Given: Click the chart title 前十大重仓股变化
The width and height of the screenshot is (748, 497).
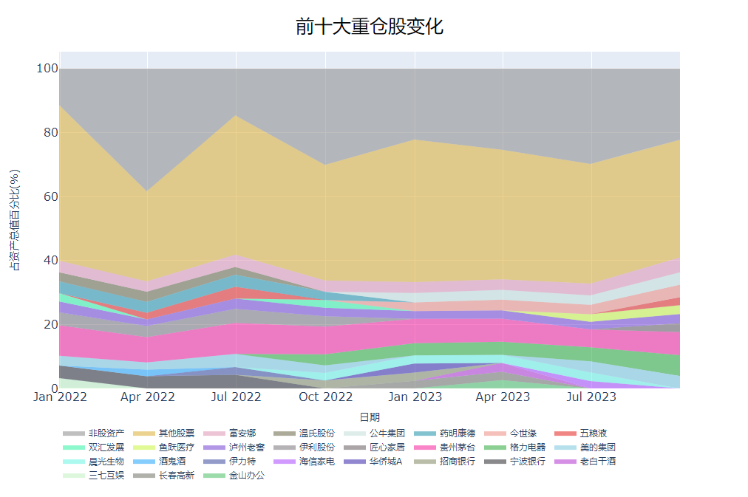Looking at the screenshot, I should (x=369, y=27).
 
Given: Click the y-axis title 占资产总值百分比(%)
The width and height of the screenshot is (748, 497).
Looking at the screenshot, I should (x=15, y=219).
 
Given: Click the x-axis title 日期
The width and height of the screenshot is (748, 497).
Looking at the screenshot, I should (x=369, y=417).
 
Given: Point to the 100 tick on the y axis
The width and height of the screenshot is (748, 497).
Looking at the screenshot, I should (x=47, y=69).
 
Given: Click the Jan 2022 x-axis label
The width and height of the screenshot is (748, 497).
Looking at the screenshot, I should (x=60, y=397).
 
